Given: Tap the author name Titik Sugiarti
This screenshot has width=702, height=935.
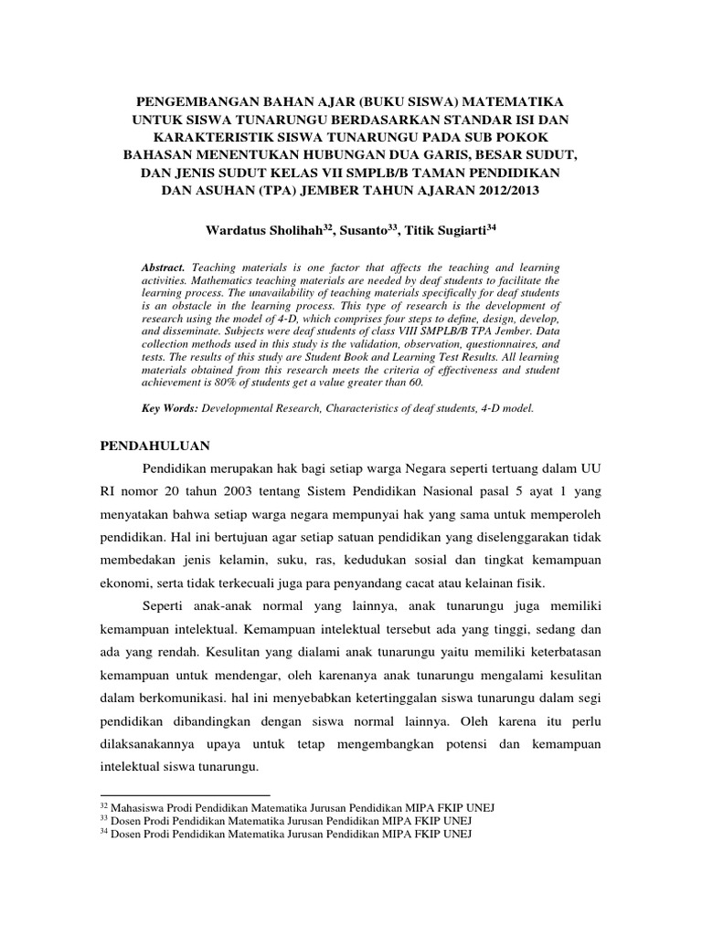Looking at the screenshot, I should (x=456, y=228).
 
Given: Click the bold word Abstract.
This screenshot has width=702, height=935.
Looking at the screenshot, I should (x=164, y=265).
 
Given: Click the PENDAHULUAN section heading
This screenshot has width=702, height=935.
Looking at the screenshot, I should (x=154, y=445).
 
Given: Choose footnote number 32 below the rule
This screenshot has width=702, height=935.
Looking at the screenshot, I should (x=101, y=806).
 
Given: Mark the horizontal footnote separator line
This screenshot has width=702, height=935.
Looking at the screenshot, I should (x=184, y=795).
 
